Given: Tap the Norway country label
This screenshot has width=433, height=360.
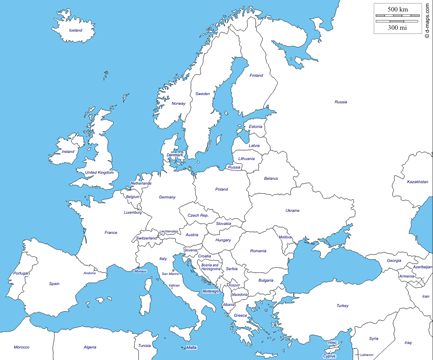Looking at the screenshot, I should [x=179, y=103].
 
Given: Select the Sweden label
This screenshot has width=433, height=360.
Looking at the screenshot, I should [x=203, y=94].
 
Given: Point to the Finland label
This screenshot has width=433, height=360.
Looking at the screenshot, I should [x=256, y=75].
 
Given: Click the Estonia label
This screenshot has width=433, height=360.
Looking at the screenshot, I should [x=256, y=126].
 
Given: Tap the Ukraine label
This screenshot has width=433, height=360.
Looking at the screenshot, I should [x=292, y=211].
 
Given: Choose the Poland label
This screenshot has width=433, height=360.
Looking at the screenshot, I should [x=221, y=188].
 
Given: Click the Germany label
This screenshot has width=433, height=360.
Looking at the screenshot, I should [x=166, y=197].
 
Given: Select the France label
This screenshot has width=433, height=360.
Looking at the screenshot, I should [x=110, y=232].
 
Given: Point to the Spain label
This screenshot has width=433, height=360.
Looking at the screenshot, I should [x=55, y=284].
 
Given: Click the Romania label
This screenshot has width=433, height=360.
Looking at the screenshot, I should [x=259, y=251].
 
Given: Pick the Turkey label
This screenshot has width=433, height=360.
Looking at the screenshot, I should [x=341, y=305].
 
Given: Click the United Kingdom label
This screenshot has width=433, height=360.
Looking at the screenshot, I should [x=100, y=173].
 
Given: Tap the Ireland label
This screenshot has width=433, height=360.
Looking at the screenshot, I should [x=68, y=152].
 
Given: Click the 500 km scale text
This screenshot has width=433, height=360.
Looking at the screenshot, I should [x=396, y=9].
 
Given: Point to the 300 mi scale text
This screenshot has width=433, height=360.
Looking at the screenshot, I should [x=396, y=27].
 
